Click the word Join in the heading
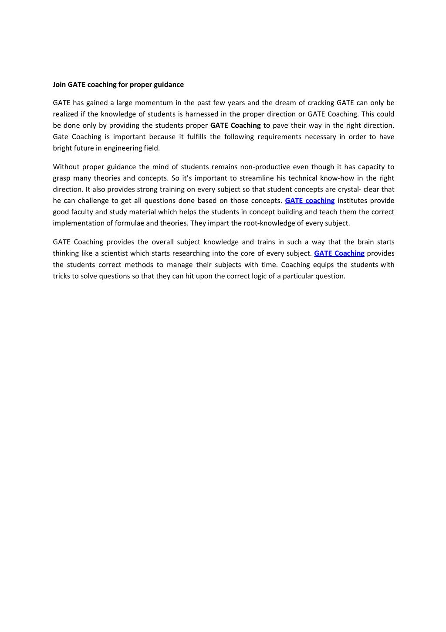(x=59, y=85)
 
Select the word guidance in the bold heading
(x=169, y=85)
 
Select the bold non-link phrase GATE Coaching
(x=235, y=126)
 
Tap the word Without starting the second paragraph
(x=66, y=167)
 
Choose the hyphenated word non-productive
(x=265, y=167)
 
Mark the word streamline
(x=257, y=178)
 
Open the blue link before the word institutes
(x=310, y=201)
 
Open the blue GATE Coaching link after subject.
(x=339, y=253)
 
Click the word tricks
(x=61, y=276)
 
